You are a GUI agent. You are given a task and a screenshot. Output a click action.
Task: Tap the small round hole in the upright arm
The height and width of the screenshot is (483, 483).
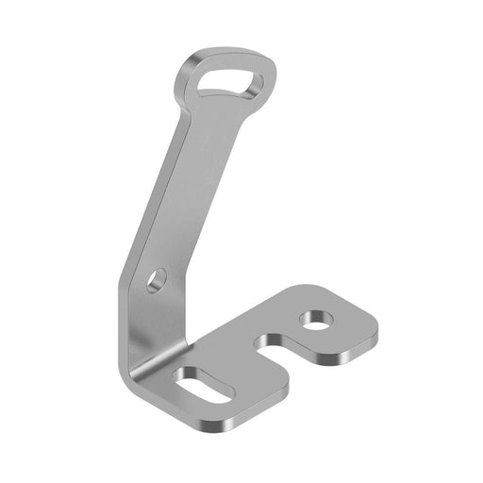point(157,279)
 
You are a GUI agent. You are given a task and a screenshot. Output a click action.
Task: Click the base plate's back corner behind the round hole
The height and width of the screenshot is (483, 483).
point(311,288)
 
